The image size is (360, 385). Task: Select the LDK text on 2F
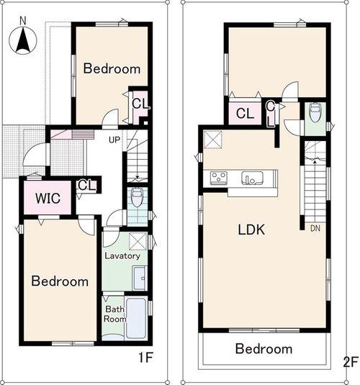[252, 230]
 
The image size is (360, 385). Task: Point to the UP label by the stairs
[114, 140]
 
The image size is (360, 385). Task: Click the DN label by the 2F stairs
[315, 229]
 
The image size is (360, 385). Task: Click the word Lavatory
[122, 255]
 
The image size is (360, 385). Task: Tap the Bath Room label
[114, 313]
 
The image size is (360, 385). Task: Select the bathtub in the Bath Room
[136, 317]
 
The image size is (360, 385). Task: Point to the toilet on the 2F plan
[314, 114]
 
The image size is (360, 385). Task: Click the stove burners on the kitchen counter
[217, 177]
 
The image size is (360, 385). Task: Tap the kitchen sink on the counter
[252, 177]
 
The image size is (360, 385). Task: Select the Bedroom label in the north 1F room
[111, 69]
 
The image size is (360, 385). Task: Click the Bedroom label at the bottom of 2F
[264, 349]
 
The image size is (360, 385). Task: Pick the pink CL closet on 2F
[244, 113]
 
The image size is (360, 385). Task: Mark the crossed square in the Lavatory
[138, 240]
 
